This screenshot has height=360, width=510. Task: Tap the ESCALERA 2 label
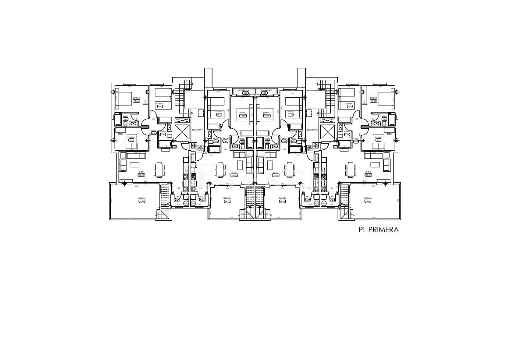click(x=312, y=130)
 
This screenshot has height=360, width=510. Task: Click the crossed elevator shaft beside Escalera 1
click(x=181, y=132)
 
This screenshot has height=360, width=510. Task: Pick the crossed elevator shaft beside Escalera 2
click(x=327, y=132)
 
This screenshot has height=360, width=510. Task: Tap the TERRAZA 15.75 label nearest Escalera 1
click(x=227, y=199)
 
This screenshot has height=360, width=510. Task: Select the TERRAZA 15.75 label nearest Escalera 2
click(x=282, y=199)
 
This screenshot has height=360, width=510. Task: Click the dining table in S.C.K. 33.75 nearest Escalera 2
click(x=350, y=168)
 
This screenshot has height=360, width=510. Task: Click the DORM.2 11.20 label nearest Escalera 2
click(x=290, y=113)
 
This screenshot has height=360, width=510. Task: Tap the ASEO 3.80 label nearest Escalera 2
click(x=384, y=118)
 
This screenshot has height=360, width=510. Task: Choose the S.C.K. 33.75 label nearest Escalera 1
click(x=141, y=173)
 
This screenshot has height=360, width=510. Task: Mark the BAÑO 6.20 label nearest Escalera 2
click(x=347, y=133)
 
